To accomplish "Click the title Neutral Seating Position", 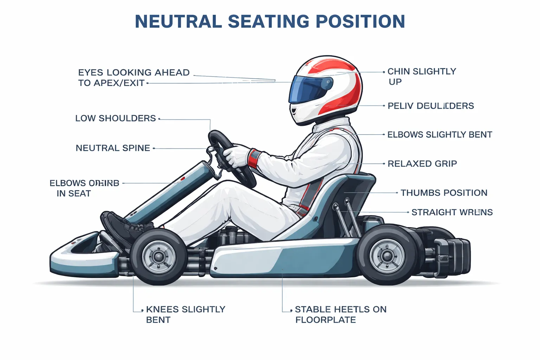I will pyautogui.click(x=270, y=21).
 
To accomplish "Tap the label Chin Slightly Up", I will pyautogui.click(x=422, y=76).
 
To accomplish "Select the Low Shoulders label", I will pyautogui.click(x=115, y=118).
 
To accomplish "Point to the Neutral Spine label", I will pyautogui.click(x=113, y=148).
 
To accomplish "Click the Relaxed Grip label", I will pyautogui.click(x=422, y=164).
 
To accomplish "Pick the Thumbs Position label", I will pyautogui.click(x=444, y=193).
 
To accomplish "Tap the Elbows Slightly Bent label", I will pyautogui.click(x=439, y=135).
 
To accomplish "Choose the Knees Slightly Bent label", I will pyautogui.click(x=185, y=314).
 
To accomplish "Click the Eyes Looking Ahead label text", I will pyautogui.click(x=134, y=78).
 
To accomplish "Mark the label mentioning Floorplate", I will pyautogui.click(x=340, y=314).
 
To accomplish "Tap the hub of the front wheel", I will pyautogui.click(x=159, y=257).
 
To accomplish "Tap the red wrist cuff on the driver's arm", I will pyautogui.click(x=253, y=158).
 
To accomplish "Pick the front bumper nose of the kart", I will pyautogui.click(x=70, y=260).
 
